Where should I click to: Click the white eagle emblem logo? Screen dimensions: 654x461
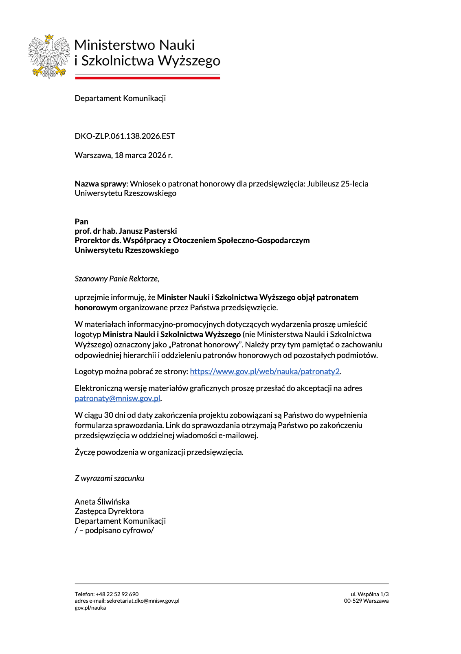49,56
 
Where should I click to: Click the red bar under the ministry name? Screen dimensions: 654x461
147,77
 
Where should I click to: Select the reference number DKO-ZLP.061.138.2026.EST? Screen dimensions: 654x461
125,136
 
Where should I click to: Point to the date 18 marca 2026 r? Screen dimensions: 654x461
143,155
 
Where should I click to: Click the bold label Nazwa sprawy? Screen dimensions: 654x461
101,184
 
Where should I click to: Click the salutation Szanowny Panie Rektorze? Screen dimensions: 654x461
117,279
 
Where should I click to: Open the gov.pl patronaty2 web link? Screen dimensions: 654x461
265,371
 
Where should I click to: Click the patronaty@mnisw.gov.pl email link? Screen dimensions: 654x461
117,398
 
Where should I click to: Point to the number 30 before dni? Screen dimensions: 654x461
109,415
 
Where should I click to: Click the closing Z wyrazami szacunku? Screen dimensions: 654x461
109,478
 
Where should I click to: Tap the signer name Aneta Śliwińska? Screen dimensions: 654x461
102,502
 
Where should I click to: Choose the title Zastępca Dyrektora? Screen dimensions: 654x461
109,511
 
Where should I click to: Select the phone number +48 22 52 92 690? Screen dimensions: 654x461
117,594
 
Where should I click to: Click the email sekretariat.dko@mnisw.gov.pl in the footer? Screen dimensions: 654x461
143,601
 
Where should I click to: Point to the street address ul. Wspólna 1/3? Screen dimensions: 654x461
369,594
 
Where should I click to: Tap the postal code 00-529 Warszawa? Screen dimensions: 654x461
366,601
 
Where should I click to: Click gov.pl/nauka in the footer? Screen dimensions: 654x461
90,608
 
